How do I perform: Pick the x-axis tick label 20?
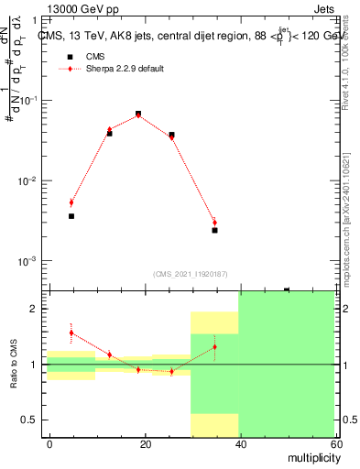(x=145, y=443)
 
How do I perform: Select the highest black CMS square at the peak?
(x=138, y=114)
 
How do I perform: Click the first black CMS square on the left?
(x=71, y=216)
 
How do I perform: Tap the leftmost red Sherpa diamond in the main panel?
(x=71, y=202)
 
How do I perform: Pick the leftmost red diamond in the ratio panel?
(x=71, y=333)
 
